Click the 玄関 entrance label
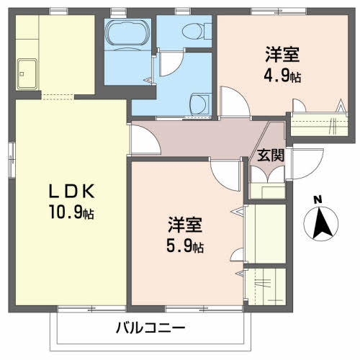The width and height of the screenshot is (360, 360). (271, 154)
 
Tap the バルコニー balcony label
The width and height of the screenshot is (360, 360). (150, 328)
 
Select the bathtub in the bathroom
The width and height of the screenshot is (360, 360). (127, 34)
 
